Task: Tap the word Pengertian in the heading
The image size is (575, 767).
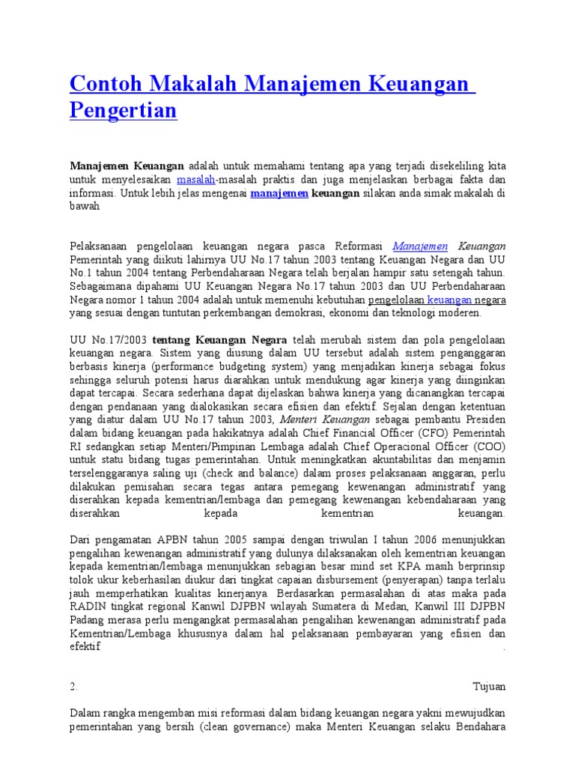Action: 123,111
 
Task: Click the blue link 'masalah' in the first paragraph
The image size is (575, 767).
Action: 196,181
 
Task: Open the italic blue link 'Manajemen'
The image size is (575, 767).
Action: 420,246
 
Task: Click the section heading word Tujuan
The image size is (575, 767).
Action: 489,686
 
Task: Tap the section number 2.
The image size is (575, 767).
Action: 74,686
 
